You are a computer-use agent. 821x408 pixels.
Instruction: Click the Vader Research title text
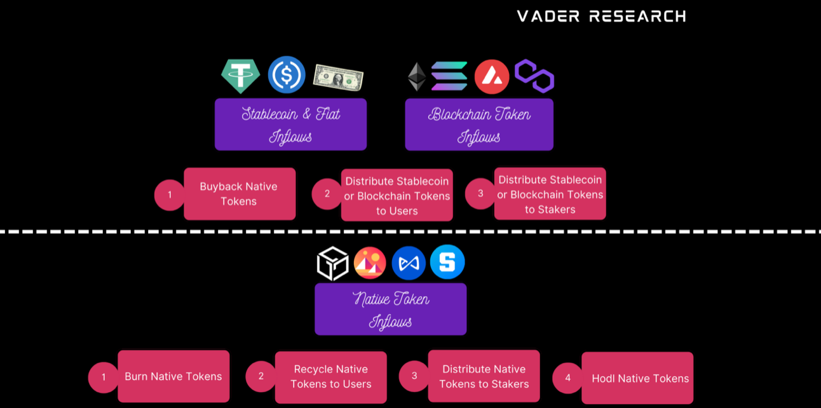tap(601, 16)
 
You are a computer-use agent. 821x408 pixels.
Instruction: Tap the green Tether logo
tap(240, 76)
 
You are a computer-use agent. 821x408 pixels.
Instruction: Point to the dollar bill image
tap(337, 77)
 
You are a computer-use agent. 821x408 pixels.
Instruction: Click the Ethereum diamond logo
tap(416, 77)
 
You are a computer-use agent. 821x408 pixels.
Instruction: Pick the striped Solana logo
tap(449, 76)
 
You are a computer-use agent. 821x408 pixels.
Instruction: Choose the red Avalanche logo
tap(492, 77)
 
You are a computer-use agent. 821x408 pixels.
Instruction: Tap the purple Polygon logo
tap(534, 76)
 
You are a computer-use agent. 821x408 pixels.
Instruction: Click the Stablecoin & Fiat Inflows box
tap(290, 124)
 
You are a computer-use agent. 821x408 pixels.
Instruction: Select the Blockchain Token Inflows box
tap(479, 124)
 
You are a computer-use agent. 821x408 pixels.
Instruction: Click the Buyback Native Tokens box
tap(240, 194)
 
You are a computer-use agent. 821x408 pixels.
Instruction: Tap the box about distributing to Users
tap(397, 195)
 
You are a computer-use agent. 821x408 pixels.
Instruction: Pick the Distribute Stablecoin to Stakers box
tap(550, 194)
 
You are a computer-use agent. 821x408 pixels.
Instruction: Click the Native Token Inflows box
tap(390, 309)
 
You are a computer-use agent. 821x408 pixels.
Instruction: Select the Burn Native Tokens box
tap(173, 376)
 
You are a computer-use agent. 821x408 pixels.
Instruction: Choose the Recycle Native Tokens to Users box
tap(330, 377)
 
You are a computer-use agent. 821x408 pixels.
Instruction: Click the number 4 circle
tap(567, 377)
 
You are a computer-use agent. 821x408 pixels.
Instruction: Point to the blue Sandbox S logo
tap(447, 262)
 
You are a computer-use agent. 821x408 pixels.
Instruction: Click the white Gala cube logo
tap(333, 263)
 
